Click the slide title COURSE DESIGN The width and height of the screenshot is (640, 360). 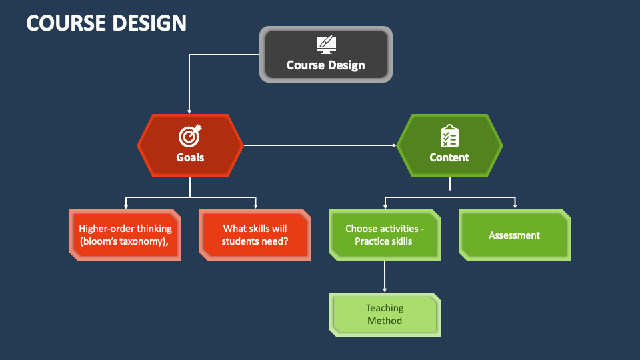[106, 23]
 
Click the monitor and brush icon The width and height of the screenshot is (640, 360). [326, 45]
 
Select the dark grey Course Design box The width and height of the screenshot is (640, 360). [326, 54]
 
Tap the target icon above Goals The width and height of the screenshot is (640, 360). [190, 135]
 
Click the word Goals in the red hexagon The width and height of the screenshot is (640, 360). [190, 157]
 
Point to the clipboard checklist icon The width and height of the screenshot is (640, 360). [449, 136]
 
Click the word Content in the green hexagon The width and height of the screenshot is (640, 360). [449, 157]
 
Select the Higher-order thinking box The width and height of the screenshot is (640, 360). [125, 235]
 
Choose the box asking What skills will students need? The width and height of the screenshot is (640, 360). [255, 235]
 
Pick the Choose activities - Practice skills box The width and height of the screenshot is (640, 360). [385, 235]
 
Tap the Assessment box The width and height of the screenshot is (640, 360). [514, 235]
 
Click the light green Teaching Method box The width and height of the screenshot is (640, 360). [385, 315]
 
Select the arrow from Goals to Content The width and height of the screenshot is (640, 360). [320, 145]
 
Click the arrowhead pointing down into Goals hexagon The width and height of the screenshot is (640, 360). [189, 111]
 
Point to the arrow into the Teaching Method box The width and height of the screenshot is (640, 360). [385, 277]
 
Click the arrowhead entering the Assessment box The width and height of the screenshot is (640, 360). [515, 206]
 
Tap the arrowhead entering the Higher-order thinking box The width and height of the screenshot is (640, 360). [126, 206]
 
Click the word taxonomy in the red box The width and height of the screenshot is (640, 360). [145, 241]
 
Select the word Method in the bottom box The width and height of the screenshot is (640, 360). [385, 321]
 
